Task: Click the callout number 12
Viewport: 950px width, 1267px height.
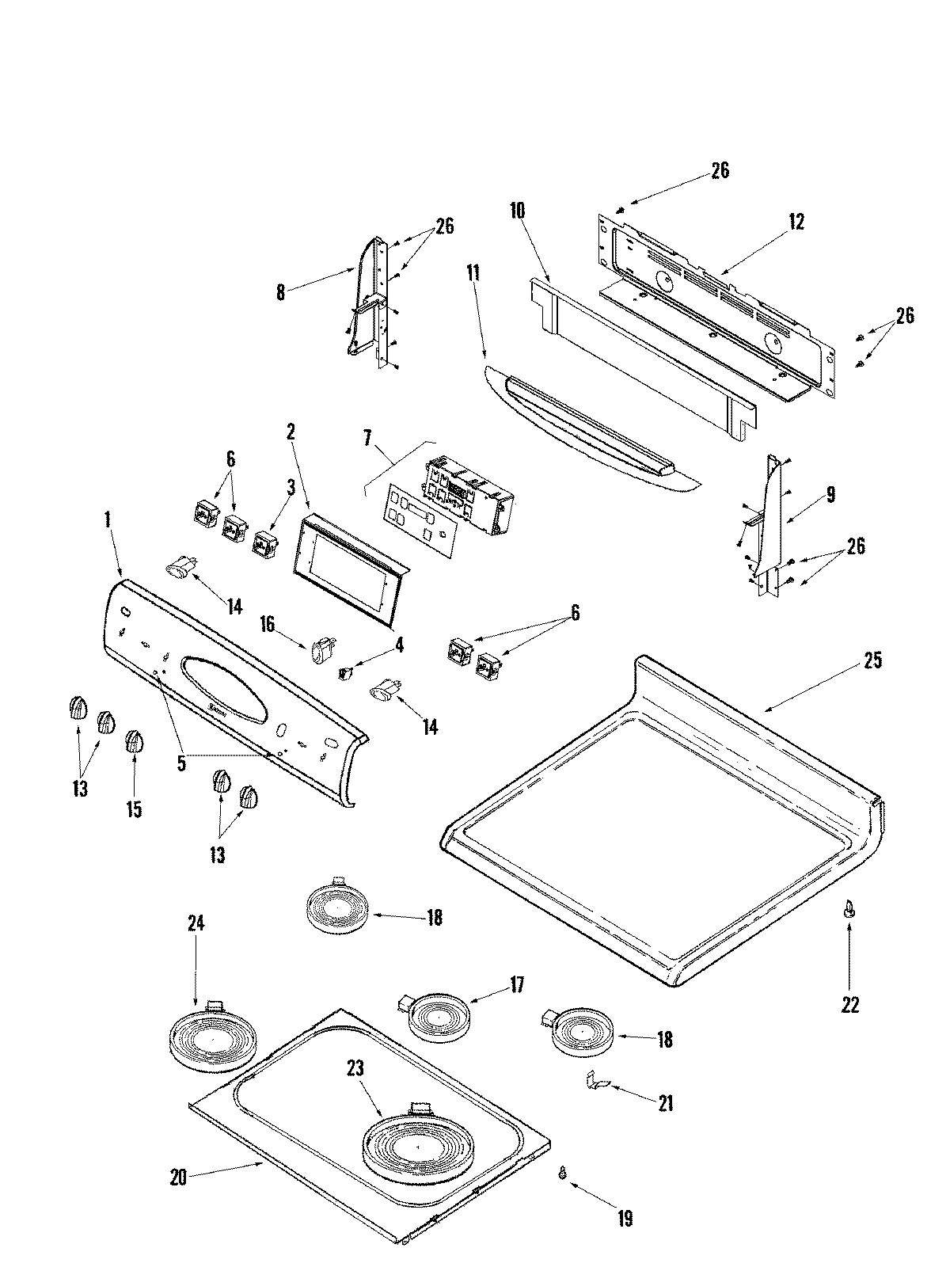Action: tap(796, 223)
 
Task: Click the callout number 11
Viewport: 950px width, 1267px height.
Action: tap(473, 276)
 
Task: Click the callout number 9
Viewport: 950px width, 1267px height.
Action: tap(830, 497)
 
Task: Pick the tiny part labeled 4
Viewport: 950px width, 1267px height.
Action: tap(346, 673)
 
